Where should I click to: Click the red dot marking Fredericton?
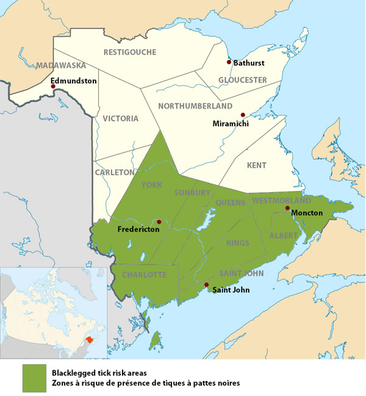(x=159, y=222)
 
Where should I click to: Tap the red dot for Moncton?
(x=287, y=208)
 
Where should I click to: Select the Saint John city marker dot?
(x=206, y=285)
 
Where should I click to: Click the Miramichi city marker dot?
(x=242, y=114)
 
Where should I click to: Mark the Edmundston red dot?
(x=53, y=87)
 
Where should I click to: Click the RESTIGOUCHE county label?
(x=129, y=52)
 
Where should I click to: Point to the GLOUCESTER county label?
(x=243, y=80)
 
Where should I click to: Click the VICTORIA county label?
(x=120, y=118)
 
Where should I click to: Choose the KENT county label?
(x=257, y=165)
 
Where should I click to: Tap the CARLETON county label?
(x=114, y=173)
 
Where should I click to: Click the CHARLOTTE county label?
(x=144, y=275)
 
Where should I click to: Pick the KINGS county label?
(x=237, y=243)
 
